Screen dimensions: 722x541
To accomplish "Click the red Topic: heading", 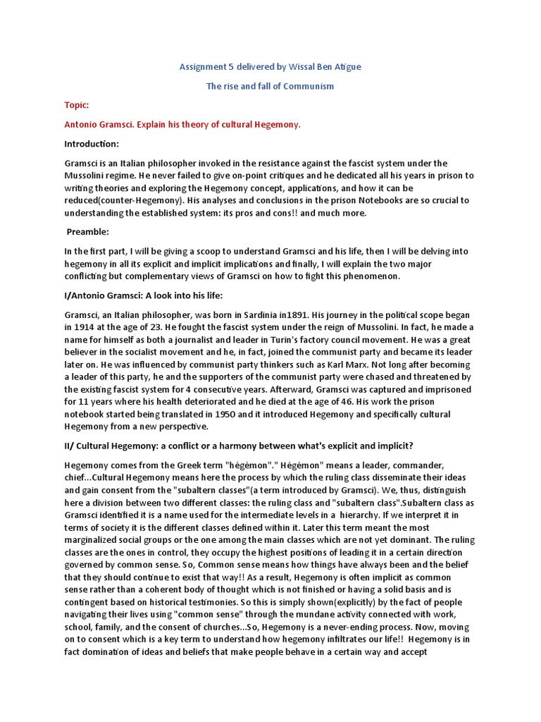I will coord(76,105).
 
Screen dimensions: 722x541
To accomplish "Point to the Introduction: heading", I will coord(92,144).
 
